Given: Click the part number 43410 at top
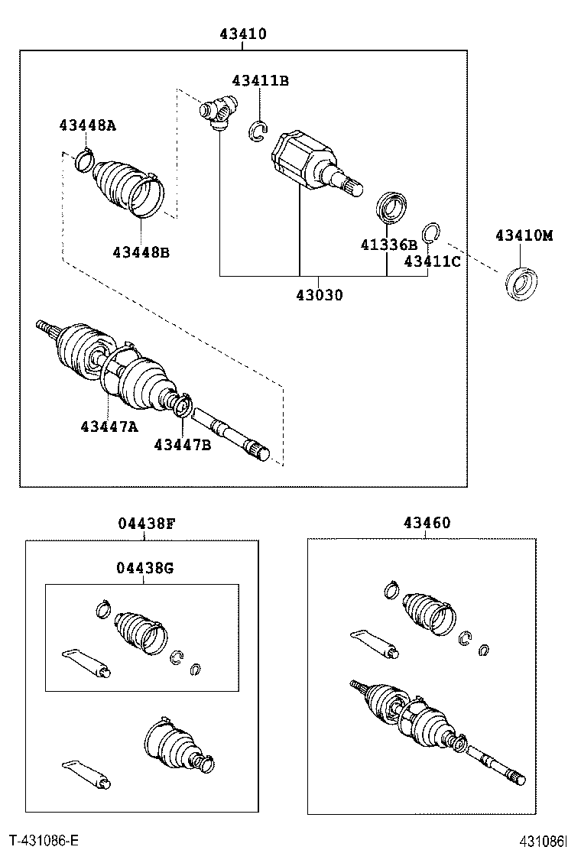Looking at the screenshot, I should click(243, 34).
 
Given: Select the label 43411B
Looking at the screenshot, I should click(260, 80).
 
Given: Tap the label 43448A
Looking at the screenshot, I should click(88, 125).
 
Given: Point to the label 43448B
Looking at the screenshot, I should click(141, 251).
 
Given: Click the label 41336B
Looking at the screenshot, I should click(388, 245).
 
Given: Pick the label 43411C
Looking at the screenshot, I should click(433, 261).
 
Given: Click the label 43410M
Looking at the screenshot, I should click(523, 235).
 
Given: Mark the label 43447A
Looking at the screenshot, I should click(109, 427).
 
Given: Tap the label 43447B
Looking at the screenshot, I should click(182, 444).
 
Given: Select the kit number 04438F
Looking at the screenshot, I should click(147, 524).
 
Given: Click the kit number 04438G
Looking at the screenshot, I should click(145, 568).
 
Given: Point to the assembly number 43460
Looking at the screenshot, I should click(427, 524).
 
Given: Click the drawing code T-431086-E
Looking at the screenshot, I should click(44, 841).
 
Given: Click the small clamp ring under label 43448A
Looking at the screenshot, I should click(83, 161).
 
